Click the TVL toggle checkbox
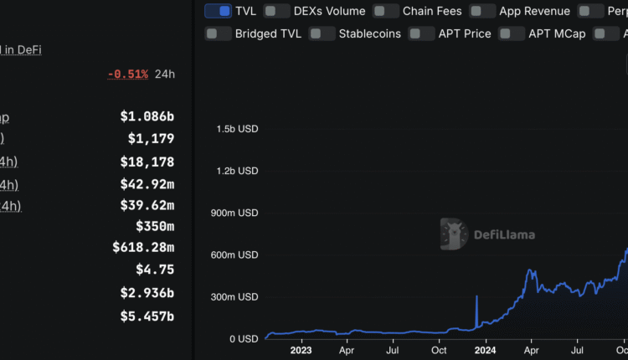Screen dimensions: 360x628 click(x=218, y=11)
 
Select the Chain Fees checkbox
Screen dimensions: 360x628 click(x=385, y=11)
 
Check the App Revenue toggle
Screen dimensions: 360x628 click(x=482, y=11)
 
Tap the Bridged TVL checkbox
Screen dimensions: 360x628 click(x=218, y=33)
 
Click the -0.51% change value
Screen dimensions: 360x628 click(x=127, y=74)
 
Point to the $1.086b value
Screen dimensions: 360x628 click(x=147, y=117)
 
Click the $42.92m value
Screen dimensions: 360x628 click(x=147, y=183)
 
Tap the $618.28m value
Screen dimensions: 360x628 click(x=143, y=247)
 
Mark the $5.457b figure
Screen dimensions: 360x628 click(x=147, y=316)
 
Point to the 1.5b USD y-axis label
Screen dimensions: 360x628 click(x=237, y=129)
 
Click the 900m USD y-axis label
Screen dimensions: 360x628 click(x=235, y=213)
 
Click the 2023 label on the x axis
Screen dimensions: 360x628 click(x=301, y=352)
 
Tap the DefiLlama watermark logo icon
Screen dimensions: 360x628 click(x=453, y=234)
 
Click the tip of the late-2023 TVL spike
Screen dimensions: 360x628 click(x=476, y=296)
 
